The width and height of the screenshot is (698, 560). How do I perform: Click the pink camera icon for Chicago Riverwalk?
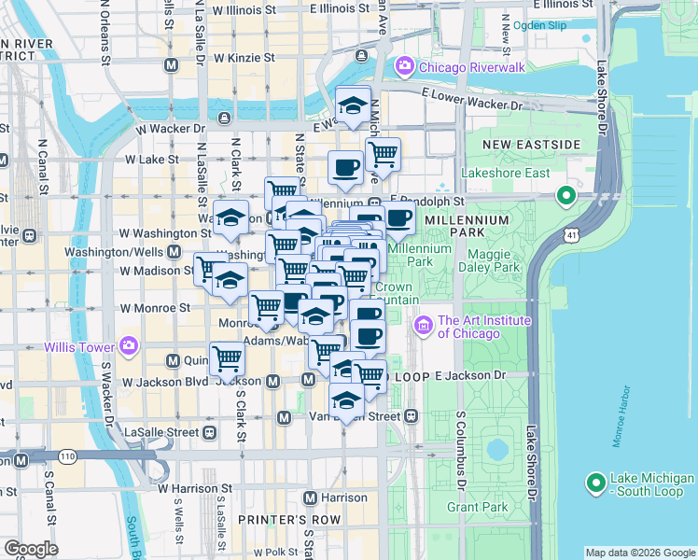[x=405, y=66]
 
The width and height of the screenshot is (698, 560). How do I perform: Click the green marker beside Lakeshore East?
[x=565, y=197]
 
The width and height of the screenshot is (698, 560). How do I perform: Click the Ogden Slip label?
[x=539, y=25]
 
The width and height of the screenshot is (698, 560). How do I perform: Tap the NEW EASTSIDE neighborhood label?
[x=532, y=145]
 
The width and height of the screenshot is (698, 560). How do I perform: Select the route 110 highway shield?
[x=68, y=456]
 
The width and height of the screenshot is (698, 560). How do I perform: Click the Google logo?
[x=31, y=549]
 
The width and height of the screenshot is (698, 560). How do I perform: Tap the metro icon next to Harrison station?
[x=311, y=497]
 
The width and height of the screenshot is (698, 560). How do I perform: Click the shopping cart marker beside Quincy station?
[x=227, y=359]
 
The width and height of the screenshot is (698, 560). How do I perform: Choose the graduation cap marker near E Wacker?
[x=354, y=105]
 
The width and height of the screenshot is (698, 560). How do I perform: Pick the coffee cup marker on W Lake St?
[x=345, y=168]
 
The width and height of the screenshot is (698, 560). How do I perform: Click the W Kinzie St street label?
[x=244, y=58]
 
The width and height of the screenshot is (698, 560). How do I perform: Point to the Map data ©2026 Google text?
[x=639, y=553]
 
